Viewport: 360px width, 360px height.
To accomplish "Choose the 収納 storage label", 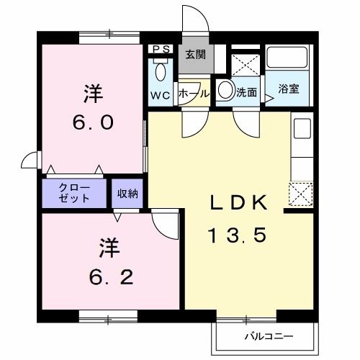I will [x=128, y=192].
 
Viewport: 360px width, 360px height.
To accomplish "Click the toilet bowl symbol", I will [x=160, y=73].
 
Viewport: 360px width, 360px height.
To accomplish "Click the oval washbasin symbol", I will [x=225, y=91].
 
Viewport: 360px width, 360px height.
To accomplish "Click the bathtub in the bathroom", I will [x=287, y=58].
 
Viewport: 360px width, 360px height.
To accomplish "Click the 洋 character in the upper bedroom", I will [x=91, y=94].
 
